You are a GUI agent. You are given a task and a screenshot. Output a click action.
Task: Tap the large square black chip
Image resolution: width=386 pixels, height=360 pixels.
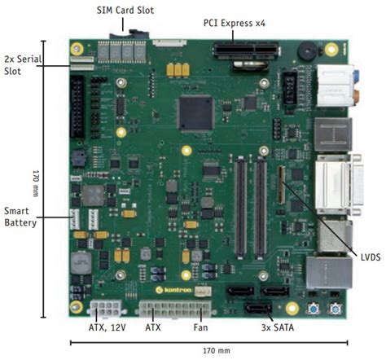194,112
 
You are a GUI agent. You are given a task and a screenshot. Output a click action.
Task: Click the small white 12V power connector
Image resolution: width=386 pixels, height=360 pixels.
105,309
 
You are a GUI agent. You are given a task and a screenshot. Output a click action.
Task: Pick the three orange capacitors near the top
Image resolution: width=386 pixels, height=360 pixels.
178,71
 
